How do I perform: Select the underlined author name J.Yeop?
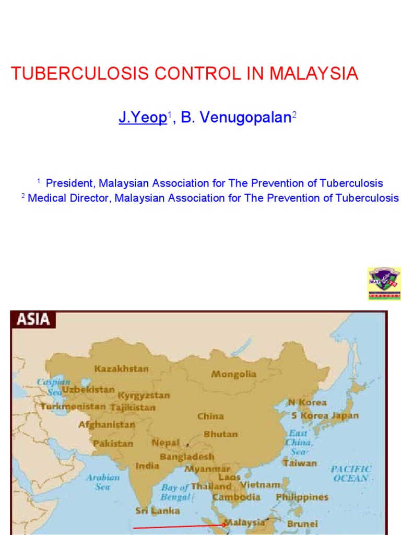tap(142, 118)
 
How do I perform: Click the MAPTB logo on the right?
tap(385, 283)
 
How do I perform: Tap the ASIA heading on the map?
tap(33, 319)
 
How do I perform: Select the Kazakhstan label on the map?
tap(121, 368)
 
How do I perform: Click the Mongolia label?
tap(233, 374)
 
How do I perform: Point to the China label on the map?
tap(210, 416)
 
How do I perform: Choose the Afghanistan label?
tap(107, 424)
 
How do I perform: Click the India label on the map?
tap(148, 466)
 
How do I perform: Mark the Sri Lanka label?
tap(158, 510)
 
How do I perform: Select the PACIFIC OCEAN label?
tap(351, 473)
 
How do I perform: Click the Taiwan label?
tap(300, 463)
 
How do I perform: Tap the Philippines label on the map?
tap(302, 497)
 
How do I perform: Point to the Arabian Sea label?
tap(103, 482)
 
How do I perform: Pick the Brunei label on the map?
tap(302, 524)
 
